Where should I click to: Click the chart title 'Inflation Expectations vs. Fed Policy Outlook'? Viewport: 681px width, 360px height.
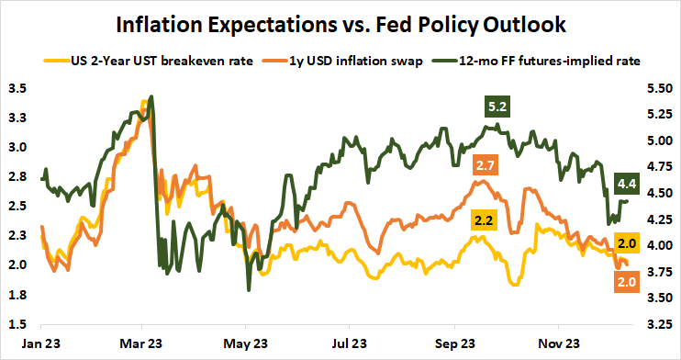click(x=340, y=22)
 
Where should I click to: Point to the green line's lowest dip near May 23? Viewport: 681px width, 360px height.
click(x=249, y=290)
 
